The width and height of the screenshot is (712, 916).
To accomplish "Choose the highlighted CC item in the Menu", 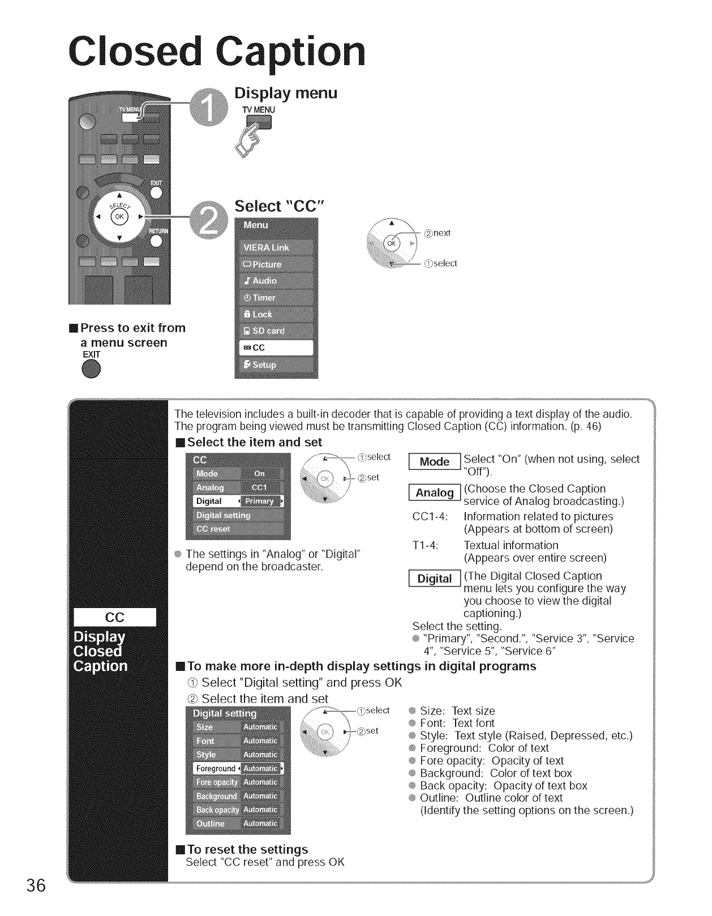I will click(x=276, y=348).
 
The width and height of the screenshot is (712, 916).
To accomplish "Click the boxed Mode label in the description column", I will click(x=434, y=462).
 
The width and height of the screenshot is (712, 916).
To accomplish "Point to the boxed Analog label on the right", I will click(x=434, y=493).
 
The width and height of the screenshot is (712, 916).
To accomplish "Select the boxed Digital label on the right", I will click(x=434, y=579).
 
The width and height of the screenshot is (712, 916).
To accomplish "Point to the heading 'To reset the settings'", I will click(x=247, y=849).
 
